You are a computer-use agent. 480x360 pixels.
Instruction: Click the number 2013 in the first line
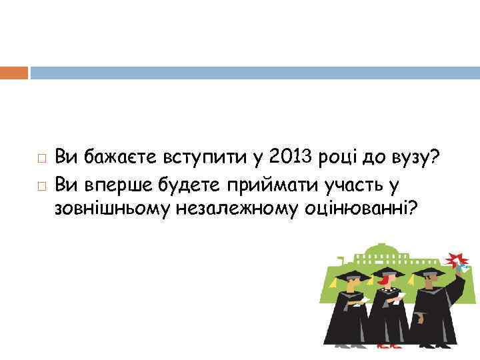285,158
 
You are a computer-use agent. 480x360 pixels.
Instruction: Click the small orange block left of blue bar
14,72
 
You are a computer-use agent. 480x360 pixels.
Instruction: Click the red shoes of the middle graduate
386,345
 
